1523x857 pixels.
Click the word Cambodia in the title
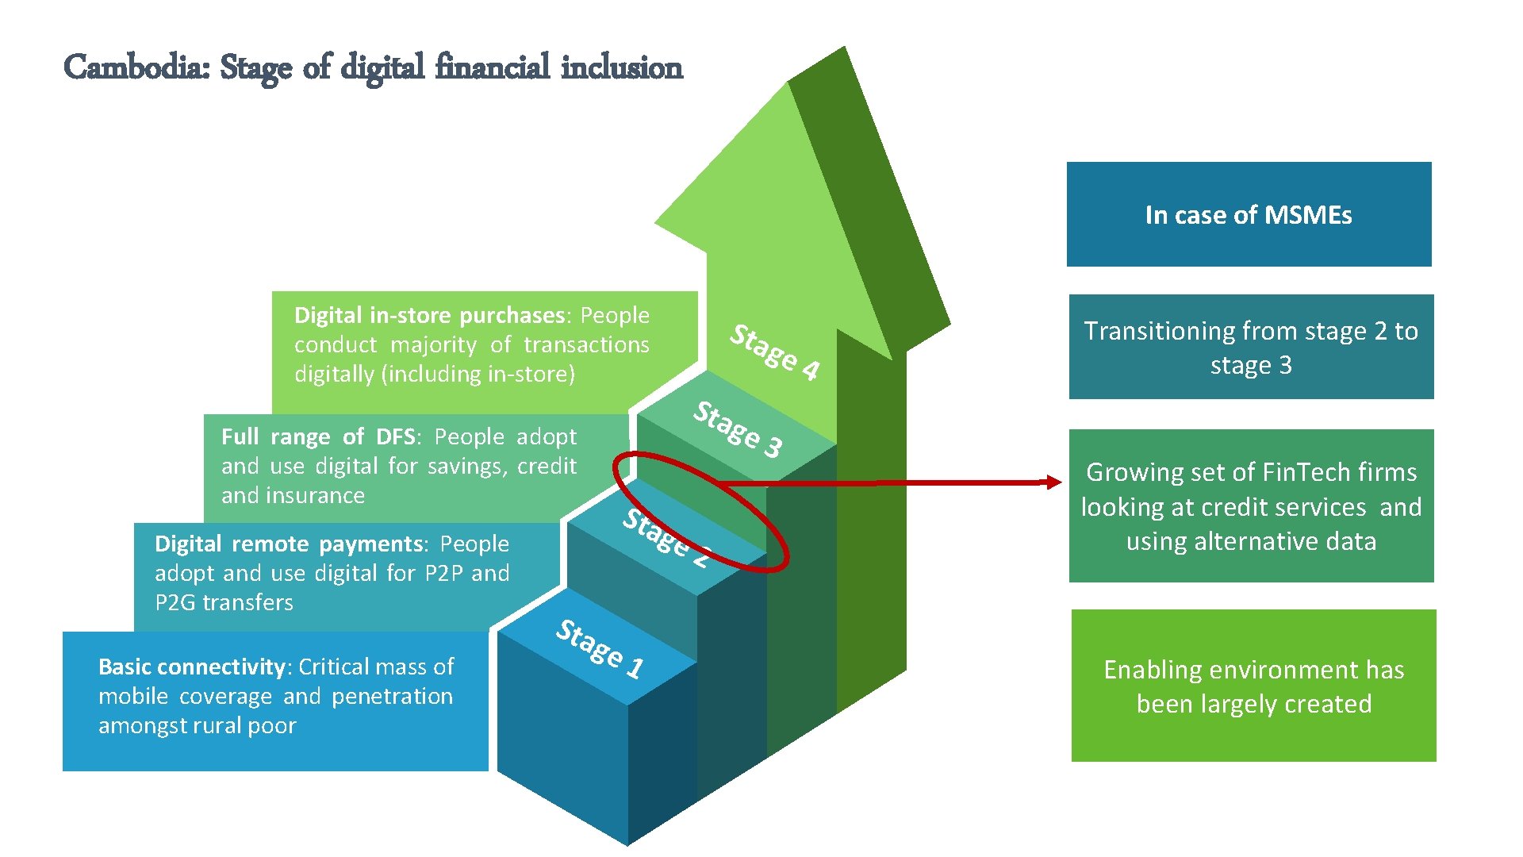pos(136,67)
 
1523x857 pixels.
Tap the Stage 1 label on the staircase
pos(600,649)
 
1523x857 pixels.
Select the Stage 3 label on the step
pos(738,429)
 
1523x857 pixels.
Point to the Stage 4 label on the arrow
pos(774,352)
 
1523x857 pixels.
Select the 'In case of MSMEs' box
pos(1249,214)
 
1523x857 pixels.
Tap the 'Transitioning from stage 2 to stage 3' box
pos(1251,347)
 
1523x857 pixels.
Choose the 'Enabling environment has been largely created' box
pos(1253,686)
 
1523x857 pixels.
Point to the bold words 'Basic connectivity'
pos(191,667)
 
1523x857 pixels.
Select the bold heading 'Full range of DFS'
pos(318,436)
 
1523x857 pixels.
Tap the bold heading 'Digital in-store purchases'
pos(429,316)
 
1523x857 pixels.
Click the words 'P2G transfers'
pos(224,602)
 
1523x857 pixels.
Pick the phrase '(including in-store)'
pos(478,374)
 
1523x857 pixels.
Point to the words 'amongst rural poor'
pos(197,725)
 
